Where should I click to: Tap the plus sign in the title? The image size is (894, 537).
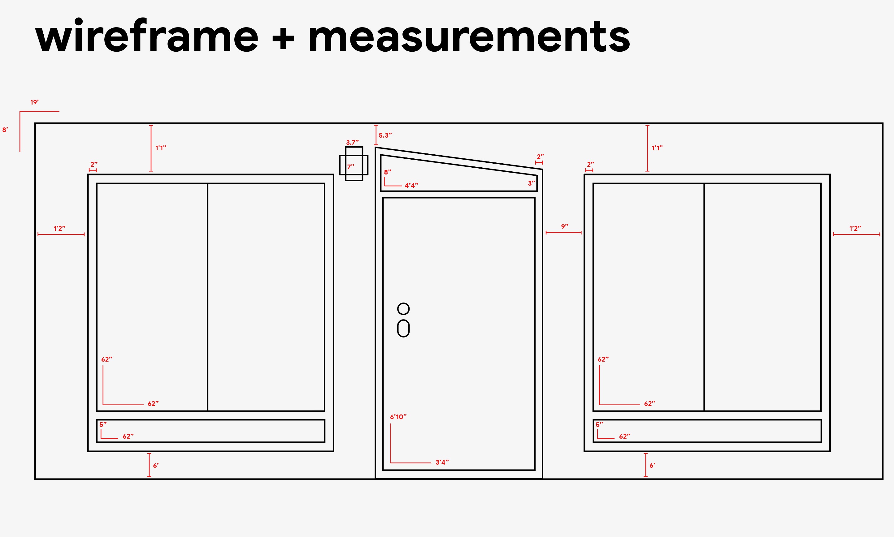pos(283,38)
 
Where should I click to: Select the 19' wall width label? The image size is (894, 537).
pos(34,102)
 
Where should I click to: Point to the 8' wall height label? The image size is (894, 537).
pos(5,130)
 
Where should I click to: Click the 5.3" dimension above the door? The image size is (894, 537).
pos(385,135)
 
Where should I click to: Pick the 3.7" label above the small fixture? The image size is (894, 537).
pos(352,143)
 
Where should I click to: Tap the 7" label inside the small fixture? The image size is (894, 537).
pos(351,167)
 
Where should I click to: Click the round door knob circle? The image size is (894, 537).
pos(403,309)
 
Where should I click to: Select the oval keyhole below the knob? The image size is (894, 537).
pos(403,328)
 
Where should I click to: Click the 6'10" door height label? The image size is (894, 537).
pos(398,417)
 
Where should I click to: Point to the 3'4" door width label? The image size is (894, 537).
pos(442,462)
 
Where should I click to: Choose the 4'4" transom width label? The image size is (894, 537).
pos(411,185)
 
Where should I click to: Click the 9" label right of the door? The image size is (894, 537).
pos(565,226)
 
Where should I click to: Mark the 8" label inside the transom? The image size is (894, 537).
pos(388,172)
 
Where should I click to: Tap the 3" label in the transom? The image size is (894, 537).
pos(532,183)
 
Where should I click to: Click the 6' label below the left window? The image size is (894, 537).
pos(156,465)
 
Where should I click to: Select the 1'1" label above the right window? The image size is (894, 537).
pos(657,148)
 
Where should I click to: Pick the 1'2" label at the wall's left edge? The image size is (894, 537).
pos(60,228)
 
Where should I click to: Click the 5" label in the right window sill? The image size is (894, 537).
pos(600,424)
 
